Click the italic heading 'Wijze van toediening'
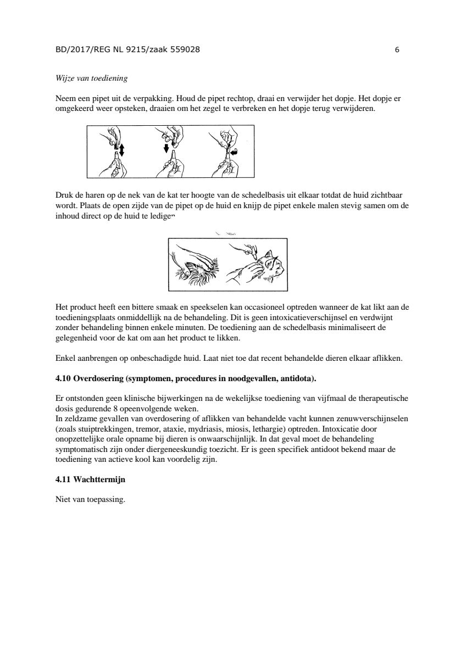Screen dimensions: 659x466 click(91, 79)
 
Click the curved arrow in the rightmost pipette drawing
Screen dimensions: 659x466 click(234, 153)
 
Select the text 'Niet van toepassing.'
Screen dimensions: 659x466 click(91, 500)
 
